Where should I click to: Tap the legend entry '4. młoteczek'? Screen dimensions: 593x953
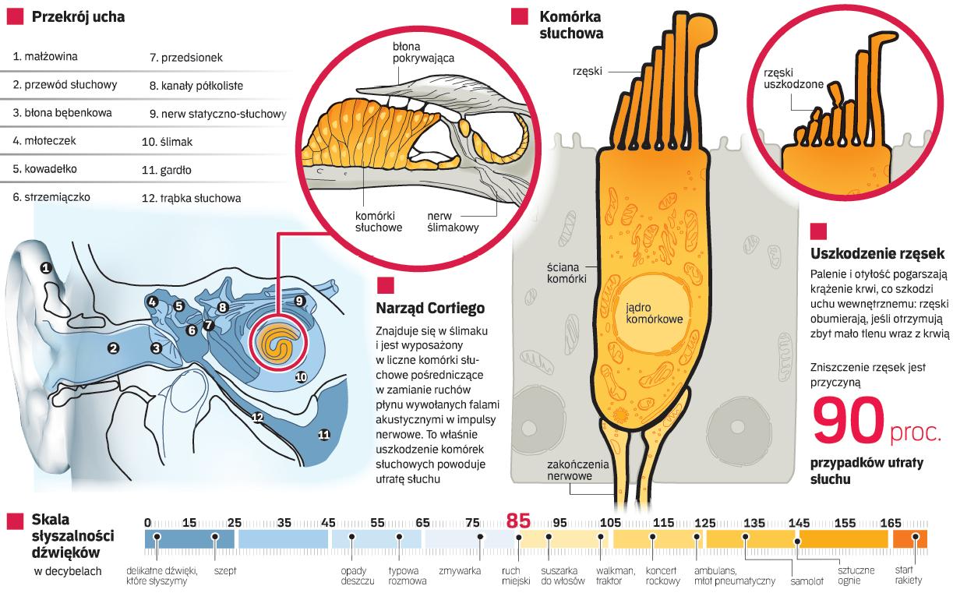44,141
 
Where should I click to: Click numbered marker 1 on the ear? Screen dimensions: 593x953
46,268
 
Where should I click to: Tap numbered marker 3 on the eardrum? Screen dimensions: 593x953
156,348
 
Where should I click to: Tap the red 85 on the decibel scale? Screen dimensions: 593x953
518,521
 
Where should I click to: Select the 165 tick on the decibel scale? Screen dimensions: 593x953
890,523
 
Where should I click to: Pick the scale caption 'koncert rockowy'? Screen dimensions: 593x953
663,575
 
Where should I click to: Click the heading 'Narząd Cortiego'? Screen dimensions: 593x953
430,308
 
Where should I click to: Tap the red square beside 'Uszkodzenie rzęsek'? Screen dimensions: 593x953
818,231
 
